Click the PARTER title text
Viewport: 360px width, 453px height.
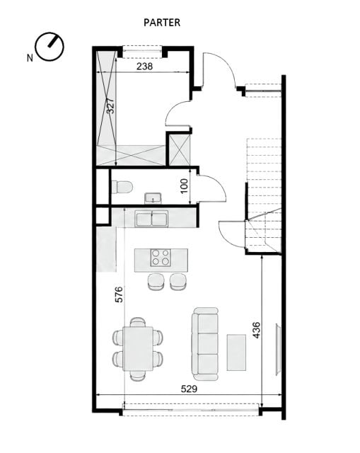162,23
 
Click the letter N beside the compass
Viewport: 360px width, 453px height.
30,58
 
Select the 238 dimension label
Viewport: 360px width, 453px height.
144,67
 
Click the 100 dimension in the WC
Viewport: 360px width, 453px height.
184,186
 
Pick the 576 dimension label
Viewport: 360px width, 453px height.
119,294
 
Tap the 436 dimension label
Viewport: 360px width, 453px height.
256,330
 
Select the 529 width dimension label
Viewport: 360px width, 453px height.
189,389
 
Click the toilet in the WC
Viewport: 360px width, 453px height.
122,187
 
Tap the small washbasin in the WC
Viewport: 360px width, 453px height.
153,198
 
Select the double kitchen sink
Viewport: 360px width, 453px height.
151,219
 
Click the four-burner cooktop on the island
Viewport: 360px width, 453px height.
161,258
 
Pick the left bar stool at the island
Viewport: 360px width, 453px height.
156,282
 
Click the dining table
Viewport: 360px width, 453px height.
138,349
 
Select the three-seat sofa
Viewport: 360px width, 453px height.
205,344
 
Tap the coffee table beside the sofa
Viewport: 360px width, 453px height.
236,352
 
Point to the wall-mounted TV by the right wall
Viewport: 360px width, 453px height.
278,349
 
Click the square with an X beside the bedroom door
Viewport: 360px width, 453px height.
179,149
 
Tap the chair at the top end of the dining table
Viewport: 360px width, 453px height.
138,322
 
